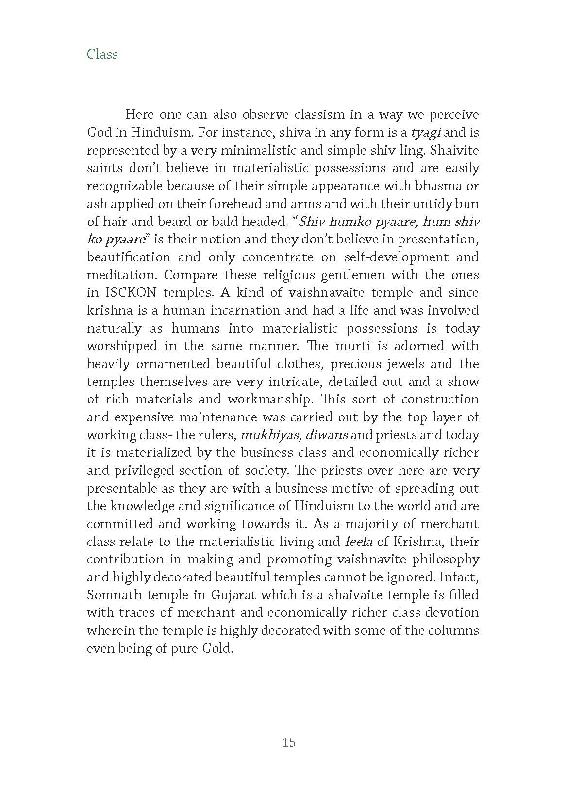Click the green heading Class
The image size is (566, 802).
(x=102, y=54)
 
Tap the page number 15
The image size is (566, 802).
(x=288, y=742)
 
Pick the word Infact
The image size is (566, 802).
(x=461, y=577)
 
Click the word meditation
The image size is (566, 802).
(x=121, y=275)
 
